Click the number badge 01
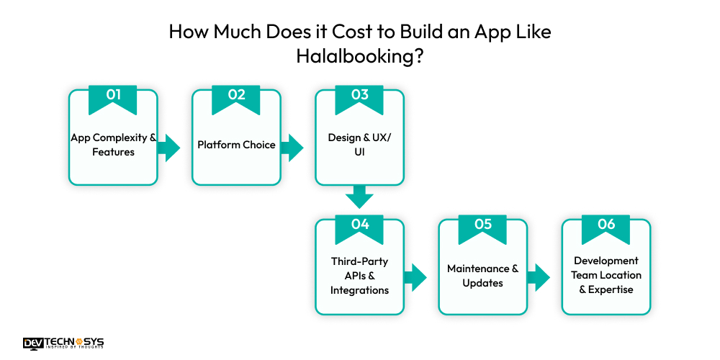(x=113, y=97)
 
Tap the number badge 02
(x=236, y=97)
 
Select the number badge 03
(x=359, y=97)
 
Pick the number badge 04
(x=359, y=226)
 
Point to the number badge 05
(x=482, y=226)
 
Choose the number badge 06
(x=606, y=226)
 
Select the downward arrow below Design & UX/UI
(x=359, y=197)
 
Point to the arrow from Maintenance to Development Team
(x=539, y=276)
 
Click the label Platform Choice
(x=236, y=145)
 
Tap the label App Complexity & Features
(x=113, y=145)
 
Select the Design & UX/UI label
(x=359, y=145)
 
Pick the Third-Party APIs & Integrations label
(x=359, y=276)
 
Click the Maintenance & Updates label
(x=482, y=276)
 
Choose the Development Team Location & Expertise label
(x=606, y=275)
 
